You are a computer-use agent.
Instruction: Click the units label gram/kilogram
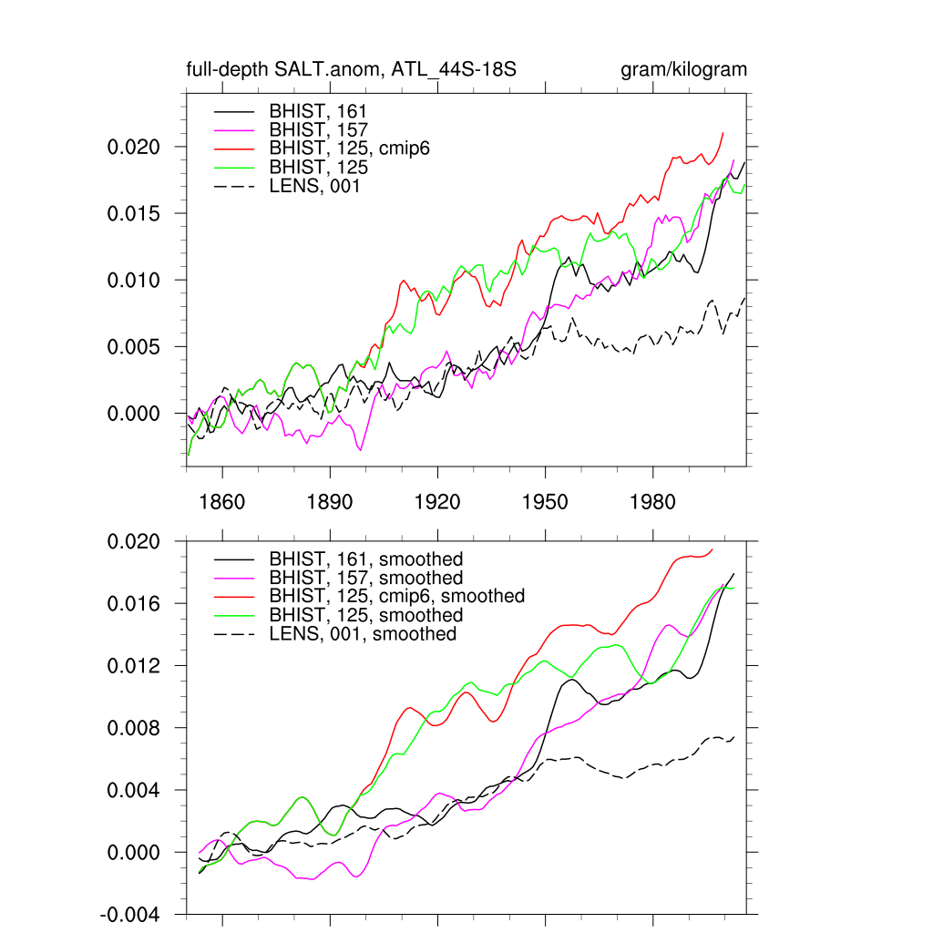pyautogui.click(x=683, y=70)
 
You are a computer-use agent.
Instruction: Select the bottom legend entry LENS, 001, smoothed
pyautogui.click(x=362, y=633)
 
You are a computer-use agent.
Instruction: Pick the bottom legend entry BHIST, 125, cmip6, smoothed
pyautogui.click(x=396, y=596)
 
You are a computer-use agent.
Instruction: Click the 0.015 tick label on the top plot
pyautogui.click(x=135, y=214)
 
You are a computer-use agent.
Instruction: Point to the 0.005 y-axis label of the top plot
pyautogui.click(x=135, y=347)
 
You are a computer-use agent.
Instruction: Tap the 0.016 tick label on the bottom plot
pyautogui.click(x=135, y=604)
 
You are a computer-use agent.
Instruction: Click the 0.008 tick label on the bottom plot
pyautogui.click(x=135, y=729)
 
